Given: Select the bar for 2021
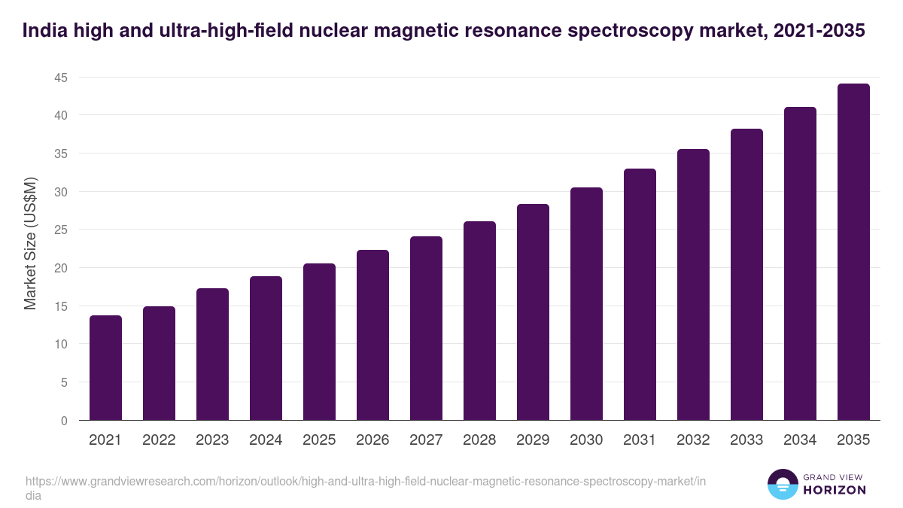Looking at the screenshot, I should point(105,368).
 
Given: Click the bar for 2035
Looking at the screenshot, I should point(853,252).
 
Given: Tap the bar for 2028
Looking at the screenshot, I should point(479,321).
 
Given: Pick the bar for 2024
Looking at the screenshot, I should point(266,348).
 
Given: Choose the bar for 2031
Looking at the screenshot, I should point(640,294).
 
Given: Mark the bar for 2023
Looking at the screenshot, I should point(212,354).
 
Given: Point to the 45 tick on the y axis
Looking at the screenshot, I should point(60,78).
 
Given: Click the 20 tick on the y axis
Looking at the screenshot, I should point(60,268).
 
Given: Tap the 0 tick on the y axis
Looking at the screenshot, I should point(64,421).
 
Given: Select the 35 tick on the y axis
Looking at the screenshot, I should point(60,154).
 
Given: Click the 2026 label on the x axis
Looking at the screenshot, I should point(372,440).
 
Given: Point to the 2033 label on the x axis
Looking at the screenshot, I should point(746,440).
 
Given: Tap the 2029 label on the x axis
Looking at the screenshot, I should point(533,440).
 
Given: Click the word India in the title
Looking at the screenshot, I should point(43,31).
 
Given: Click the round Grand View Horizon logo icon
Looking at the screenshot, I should point(782,484).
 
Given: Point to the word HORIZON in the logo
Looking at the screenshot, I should point(835,490).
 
